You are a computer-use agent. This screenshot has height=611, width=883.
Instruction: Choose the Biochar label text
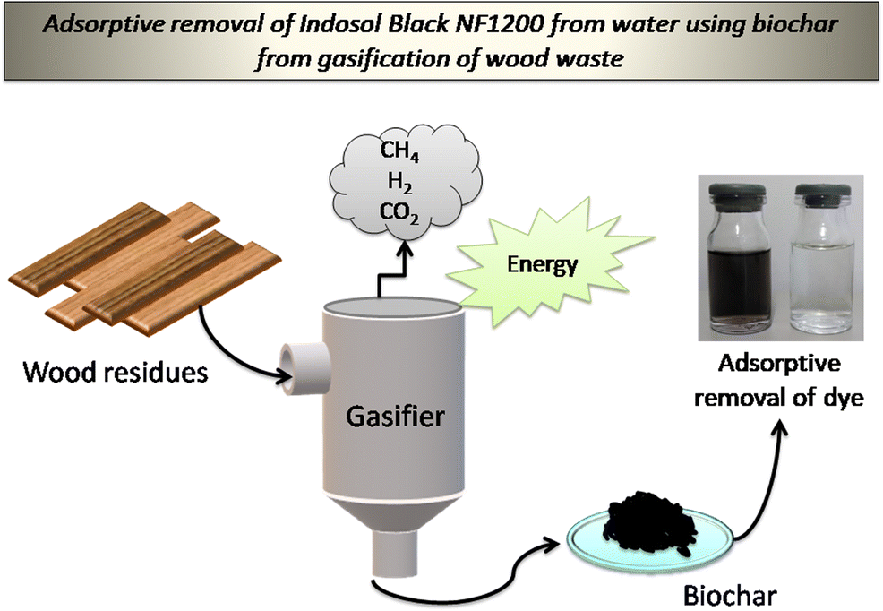[724, 594]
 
